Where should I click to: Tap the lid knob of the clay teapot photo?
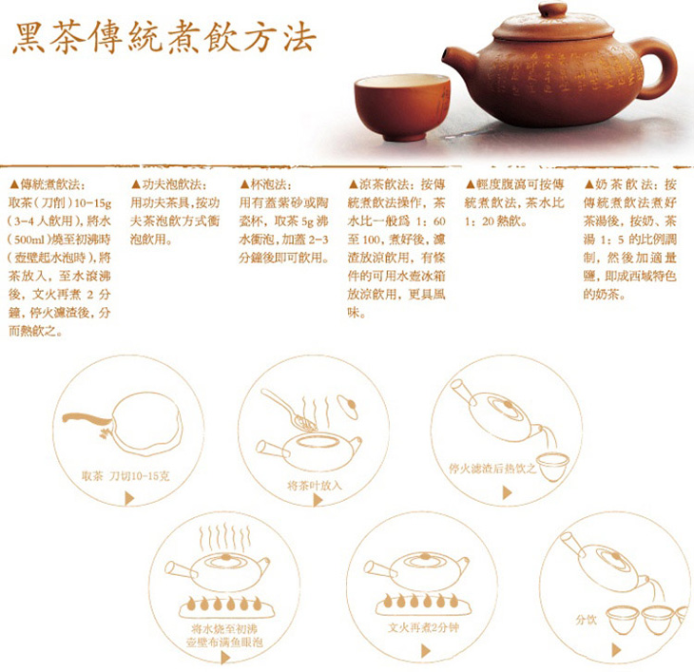point(552,10)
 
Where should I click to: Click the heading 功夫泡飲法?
point(172,184)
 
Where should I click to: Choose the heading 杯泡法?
point(270,184)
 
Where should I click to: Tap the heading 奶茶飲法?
point(622,184)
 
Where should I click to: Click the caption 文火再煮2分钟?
point(423,627)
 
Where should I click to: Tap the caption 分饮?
point(586,620)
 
